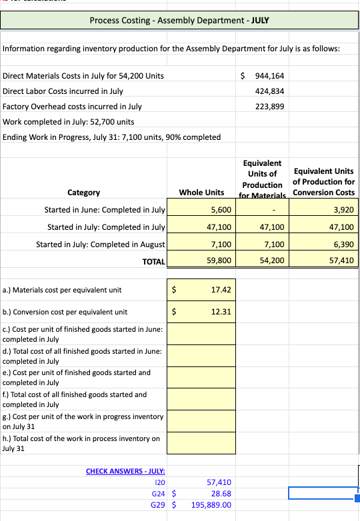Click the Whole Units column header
pyautogui.click(x=201, y=193)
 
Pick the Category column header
pyautogui.click(x=84, y=193)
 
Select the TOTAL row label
pyautogui.click(x=153, y=262)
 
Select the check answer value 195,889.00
pyautogui.click(x=211, y=504)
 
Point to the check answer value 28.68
pyautogui.click(x=220, y=493)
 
